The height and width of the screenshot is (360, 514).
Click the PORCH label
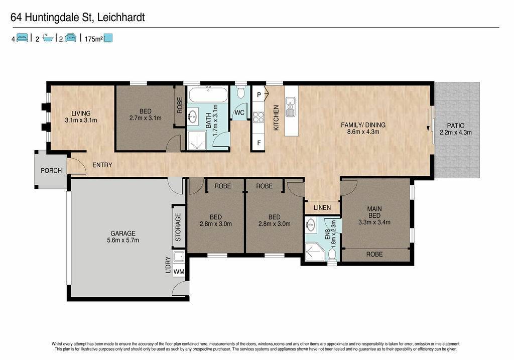(51, 171)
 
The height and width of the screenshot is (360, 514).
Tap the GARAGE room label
(123, 233)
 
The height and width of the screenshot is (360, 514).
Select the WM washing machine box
(179, 272)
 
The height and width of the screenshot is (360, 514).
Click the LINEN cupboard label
(322, 207)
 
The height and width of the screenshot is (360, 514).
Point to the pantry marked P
(259, 95)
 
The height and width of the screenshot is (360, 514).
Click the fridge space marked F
(259, 143)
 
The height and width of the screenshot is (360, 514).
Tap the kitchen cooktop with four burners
(259, 117)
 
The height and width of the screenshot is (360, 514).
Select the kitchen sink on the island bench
(291, 107)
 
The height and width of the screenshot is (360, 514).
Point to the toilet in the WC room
(241, 92)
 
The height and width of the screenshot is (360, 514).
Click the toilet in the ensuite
(332, 256)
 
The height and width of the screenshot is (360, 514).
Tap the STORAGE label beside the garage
(178, 227)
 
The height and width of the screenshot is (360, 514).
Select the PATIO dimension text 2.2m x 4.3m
(456, 133)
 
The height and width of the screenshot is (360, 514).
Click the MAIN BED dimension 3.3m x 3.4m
(374, 222)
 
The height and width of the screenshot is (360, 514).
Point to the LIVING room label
(81, 113)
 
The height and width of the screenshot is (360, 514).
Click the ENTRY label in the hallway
(102, 165)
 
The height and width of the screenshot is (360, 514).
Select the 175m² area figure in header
(94, 39)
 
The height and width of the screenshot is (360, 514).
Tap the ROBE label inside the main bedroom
(374, 254)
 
